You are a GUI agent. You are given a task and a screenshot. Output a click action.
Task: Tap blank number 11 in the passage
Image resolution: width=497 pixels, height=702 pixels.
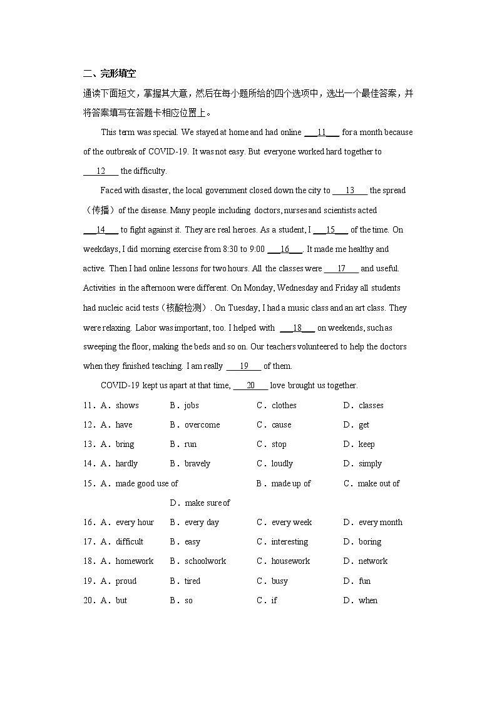point(322,133)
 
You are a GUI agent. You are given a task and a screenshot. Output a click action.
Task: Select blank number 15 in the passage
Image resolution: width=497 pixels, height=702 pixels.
point(330,230)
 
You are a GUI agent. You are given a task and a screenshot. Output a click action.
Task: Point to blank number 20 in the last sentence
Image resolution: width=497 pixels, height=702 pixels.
point(250,386)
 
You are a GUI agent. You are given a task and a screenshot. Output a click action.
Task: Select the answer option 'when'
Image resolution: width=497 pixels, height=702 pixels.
point(368,601)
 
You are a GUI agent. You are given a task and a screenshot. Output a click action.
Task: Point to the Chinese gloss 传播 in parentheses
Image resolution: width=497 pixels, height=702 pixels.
point(100,211)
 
